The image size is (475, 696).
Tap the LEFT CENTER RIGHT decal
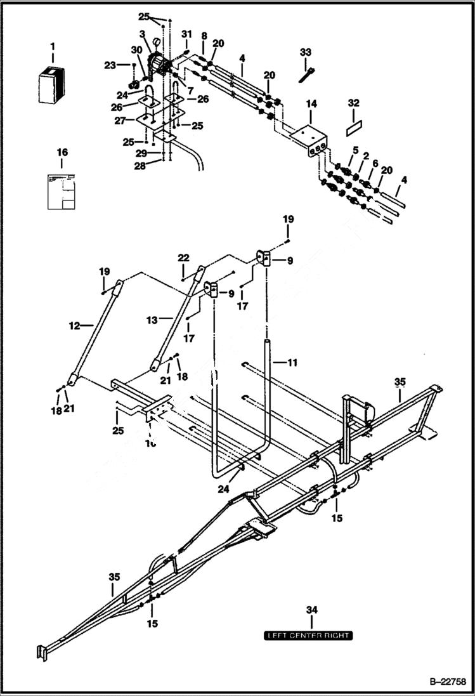pos(308,635)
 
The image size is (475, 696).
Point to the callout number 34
pos(311,610)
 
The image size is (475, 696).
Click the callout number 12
pos(74,325)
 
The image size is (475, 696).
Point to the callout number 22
pos(183,258)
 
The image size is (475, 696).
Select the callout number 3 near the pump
pos(142,34)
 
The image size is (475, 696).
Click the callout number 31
pos(186,34)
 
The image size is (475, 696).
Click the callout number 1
pos(53,46)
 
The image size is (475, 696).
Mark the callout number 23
pos(110,65)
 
